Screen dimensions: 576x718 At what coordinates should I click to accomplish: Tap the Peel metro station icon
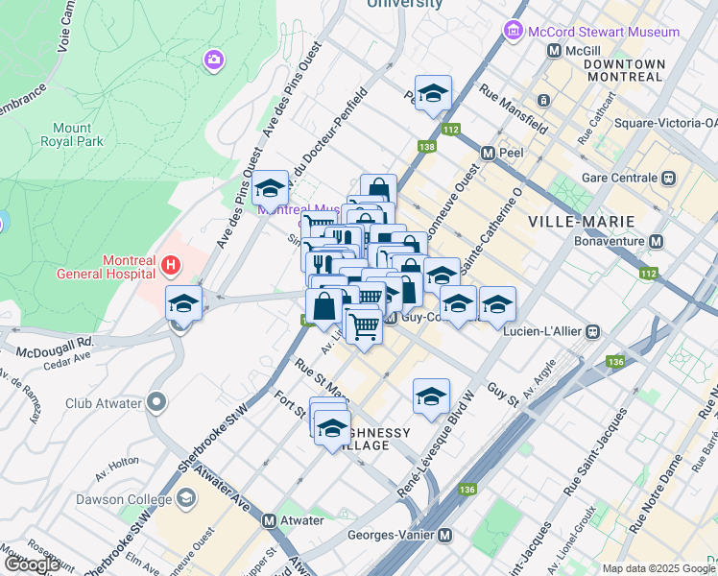[x=488, y=154]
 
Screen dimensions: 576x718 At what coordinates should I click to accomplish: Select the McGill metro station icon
[x=554, y=51]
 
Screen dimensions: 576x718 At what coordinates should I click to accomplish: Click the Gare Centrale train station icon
[x=668, y=178]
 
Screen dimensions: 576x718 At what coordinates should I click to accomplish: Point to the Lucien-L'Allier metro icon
[x=593, y=332]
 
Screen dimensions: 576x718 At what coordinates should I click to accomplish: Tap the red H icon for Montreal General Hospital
[x=170, y=263]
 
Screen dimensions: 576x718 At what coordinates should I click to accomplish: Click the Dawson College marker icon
[x=185, y=498]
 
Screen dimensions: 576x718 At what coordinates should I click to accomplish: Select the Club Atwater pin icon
[x=157, y=403]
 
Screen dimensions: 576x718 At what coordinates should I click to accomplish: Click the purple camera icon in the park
[x=213, y=60]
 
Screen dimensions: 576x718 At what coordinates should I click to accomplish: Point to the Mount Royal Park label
[x=72, y=134]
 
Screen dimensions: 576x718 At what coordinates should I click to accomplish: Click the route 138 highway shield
[x=427, y=147]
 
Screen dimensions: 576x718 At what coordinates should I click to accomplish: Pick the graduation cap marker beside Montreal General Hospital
[x=182, y=303]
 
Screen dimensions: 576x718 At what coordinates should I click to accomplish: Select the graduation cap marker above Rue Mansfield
[x=433, y=93]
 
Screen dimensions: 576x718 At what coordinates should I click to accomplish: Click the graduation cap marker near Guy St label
[x=432, y=395]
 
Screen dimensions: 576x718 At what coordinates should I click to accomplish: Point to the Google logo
[x=33, y=564]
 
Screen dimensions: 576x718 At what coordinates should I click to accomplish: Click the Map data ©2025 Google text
[x=658, y=568]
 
